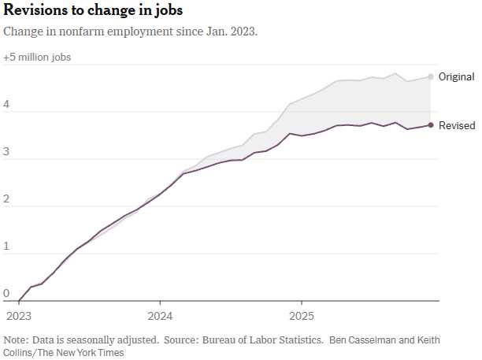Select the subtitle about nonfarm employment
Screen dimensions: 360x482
[131, 32]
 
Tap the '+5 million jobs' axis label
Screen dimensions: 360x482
[37, 58]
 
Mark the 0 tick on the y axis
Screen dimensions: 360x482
[6, 294]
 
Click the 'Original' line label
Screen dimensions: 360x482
[456, 77]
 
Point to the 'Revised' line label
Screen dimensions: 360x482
[456, 125]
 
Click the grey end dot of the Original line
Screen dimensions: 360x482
[431, 76]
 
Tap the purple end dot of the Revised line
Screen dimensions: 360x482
[431, 124]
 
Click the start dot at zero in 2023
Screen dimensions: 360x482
[19, 301]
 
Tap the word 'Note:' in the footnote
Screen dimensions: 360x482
[15, 340]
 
